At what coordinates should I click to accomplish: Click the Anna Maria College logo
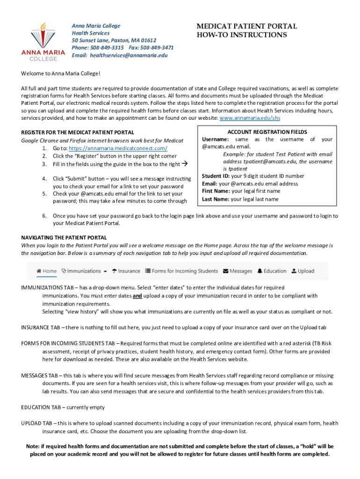43,41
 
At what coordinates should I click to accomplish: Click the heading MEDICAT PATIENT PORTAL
246,27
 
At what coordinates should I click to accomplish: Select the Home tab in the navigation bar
47,271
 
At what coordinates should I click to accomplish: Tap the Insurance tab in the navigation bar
126,271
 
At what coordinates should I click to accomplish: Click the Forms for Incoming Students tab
181,271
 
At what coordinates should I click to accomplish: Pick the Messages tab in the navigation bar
238,271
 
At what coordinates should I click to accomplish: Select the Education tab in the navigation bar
272,271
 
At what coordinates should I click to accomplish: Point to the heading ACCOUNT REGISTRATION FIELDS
267,132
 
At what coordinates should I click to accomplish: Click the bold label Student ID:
216,176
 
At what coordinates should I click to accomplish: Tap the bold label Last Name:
216,199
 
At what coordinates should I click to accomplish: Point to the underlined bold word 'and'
137,296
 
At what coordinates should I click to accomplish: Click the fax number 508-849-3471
156,48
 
